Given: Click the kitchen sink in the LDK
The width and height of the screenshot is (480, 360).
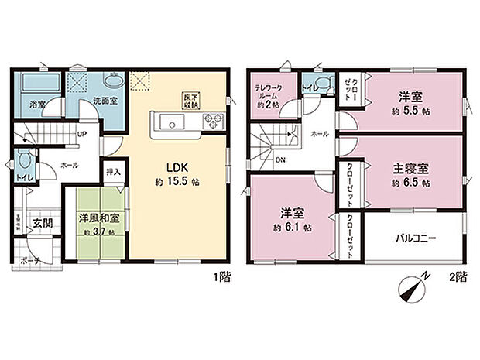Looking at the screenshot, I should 171,122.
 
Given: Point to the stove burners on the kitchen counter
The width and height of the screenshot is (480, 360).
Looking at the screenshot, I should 212,121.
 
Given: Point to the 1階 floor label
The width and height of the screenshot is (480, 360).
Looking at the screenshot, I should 221,274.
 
